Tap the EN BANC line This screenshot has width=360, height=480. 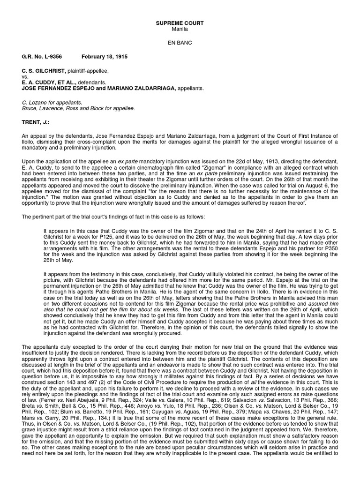tap(180, 42)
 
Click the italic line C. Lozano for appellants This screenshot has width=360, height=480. tap(52, 102)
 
